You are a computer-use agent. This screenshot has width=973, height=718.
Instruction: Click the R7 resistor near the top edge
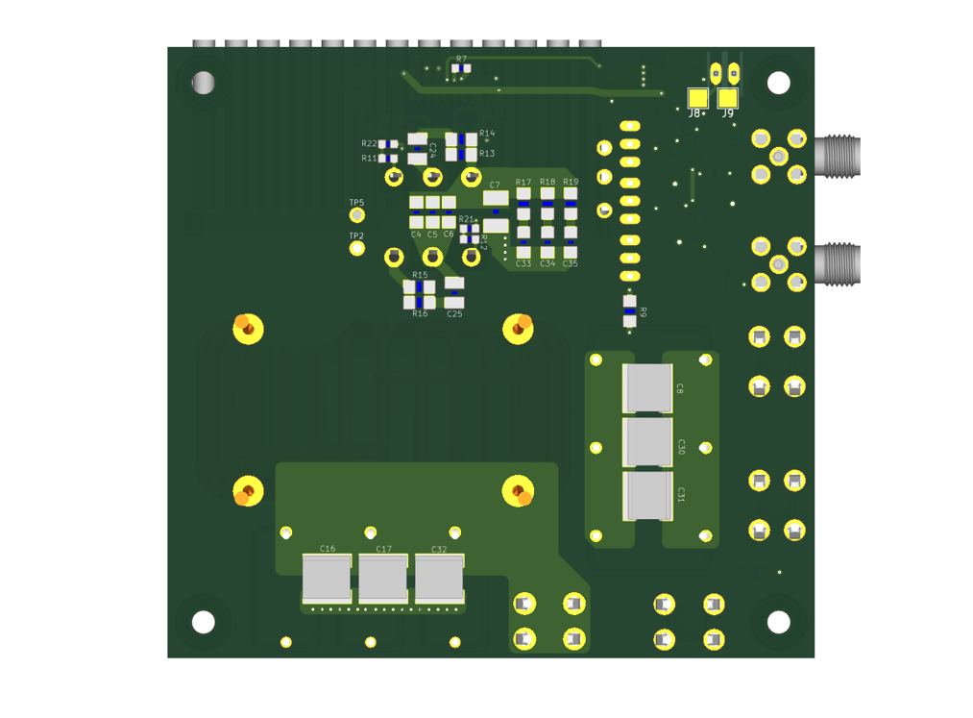pos(461,68)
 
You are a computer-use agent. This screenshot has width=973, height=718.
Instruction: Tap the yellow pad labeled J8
pos(697,98)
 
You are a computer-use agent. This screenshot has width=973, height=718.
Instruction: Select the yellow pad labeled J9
pos(727,98)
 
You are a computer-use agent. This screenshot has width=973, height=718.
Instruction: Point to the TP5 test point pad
pos(356,215)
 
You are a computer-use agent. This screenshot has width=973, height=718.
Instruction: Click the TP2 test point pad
pos(356,249)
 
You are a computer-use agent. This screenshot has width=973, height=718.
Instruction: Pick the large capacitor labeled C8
pos(647,387)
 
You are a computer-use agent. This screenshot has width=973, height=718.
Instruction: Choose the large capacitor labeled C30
pos(647,442)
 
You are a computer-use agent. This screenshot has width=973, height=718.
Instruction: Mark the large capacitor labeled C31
pos(647,495)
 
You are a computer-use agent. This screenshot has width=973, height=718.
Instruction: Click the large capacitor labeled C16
pos(327,579)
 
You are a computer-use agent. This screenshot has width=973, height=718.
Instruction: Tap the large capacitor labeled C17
pos(383,579)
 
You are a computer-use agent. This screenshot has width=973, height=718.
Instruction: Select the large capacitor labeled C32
pos(439,579)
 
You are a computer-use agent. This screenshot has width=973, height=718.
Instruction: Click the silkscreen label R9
pos(644,313)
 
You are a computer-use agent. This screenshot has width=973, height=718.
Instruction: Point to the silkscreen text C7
pos(495,185)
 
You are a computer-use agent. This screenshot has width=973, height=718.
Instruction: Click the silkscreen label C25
pos(454,314)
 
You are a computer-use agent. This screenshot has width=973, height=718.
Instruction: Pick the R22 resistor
pos(388,144)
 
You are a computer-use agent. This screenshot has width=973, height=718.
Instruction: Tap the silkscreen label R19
pos(571,182)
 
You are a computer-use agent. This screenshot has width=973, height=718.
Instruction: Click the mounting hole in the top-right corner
pos(778,83)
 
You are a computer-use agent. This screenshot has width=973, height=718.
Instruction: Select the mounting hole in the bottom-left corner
pos(203,622)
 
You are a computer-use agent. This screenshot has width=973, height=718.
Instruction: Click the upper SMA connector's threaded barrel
pos(839,157)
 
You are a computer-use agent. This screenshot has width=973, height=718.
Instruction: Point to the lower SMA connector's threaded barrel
pos(839,264)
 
